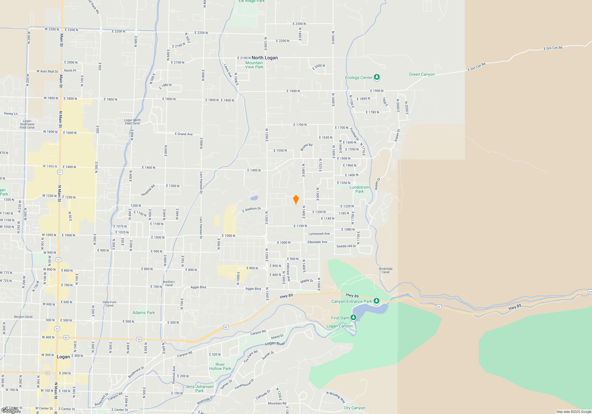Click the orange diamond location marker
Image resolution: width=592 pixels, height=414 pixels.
click(296, 200)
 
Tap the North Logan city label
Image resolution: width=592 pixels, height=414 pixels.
click(265, 58)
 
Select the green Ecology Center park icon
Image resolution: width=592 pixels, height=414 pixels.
click(377, 77)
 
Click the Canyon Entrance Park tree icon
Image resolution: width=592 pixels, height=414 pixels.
click(376, 301)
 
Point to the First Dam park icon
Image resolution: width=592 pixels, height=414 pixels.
click(353, 318)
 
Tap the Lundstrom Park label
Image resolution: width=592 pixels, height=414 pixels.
click(359, 189)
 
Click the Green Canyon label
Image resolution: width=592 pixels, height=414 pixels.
click(422, 75)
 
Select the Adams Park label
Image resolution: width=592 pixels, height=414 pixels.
click(144, 313)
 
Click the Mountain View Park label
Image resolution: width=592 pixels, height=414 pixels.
click(254, 65)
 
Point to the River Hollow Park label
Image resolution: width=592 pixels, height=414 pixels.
click(220, 366)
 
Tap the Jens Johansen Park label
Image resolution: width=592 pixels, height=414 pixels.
click(200, 389)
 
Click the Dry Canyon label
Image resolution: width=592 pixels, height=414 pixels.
click(355, 408)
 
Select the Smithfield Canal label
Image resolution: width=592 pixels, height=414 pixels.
click(385, 270)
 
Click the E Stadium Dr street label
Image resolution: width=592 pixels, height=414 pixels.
click(252, 210)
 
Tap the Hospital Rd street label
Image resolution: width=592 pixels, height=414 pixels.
click(148, 190)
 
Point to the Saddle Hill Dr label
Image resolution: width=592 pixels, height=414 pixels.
click(346, 246)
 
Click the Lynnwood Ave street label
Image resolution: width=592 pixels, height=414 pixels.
click(319, 234)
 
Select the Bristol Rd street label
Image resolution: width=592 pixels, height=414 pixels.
click(306, 147)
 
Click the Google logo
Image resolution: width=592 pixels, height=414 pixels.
click(10, 410)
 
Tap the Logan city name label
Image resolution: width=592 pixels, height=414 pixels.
click(63, 357)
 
